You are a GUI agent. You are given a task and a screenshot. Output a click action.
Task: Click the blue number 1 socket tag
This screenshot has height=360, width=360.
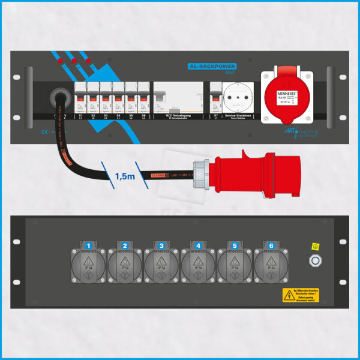click(x=88, y=245)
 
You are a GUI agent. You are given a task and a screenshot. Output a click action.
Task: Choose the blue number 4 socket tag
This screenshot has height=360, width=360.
click(x=199, y=245)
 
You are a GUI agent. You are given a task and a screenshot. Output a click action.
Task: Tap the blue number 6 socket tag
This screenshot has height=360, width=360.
click(x=272, y=245)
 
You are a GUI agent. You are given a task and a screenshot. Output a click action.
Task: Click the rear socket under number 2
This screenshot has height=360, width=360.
click(x=125, y=266)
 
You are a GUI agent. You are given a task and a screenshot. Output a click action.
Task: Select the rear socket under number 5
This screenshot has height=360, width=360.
click(x=235, y=266)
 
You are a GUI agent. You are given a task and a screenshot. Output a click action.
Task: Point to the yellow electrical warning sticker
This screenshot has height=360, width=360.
click(x=298, y=294)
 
